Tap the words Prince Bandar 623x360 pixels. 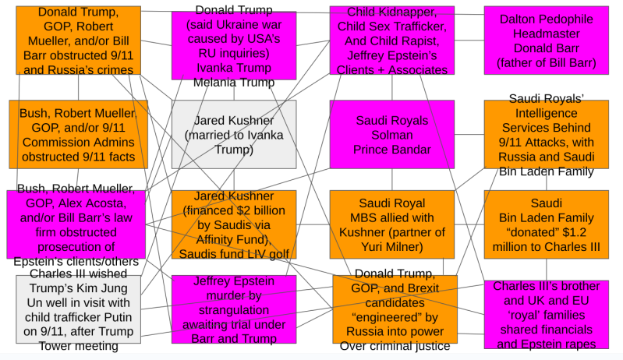tap(391, 149)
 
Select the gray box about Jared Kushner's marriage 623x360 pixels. tap(234, 134)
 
